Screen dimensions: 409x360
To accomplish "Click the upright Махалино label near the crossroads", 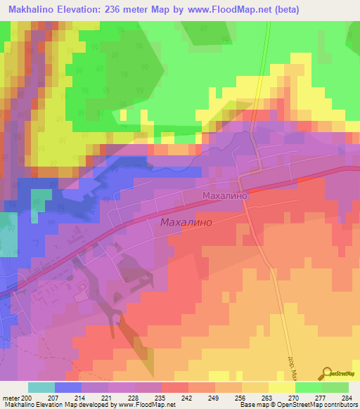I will (224, 196).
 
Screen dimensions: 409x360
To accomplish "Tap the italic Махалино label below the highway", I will (186, 222).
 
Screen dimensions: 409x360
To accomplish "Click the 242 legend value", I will (188, 397).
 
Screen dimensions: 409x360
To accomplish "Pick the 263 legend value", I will (268, 397).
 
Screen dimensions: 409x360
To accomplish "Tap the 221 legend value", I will (108, 397).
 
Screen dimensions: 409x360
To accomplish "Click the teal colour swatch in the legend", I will (41, 387).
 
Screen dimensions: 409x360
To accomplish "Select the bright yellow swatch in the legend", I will (281, 387).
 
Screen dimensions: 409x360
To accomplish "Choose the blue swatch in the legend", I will (68, 387).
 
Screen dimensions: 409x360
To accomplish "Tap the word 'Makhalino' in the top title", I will (34, 10).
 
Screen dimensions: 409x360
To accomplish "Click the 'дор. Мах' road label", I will (294, 356).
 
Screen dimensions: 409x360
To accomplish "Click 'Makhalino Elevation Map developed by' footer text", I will (56, 405).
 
